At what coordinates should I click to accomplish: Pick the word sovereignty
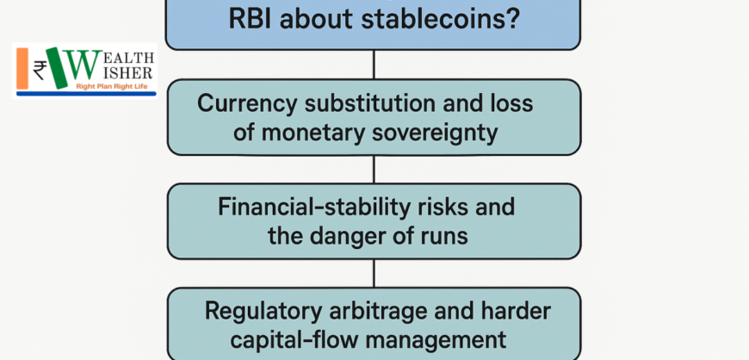coord(435,133)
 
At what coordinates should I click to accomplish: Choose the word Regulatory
coord(263,312)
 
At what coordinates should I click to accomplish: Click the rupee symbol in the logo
coord(40,70)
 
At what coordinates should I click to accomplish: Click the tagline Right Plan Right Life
coord(115,86)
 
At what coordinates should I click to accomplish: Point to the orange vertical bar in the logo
coord(22,68)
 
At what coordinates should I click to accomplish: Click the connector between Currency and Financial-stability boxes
coord(374,170)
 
